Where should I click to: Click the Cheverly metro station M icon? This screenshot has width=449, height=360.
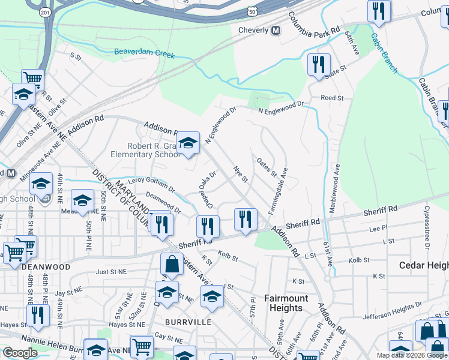(x=276, y=30)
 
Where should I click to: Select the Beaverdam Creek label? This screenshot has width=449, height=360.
(x=145, y=55)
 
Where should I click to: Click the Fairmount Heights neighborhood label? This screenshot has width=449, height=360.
(x=286, y=303)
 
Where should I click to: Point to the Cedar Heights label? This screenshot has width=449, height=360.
(x=424, y=265)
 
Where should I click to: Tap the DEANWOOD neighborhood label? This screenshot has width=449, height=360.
(x=45, y=266)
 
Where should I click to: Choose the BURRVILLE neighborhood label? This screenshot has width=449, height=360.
(x=189, y=322)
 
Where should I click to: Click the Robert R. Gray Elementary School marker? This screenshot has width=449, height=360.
(x=188, y=143)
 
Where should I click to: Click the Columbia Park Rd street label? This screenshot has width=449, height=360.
(x=314, y=23)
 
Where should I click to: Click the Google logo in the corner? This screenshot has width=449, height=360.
(x=20, y=353)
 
